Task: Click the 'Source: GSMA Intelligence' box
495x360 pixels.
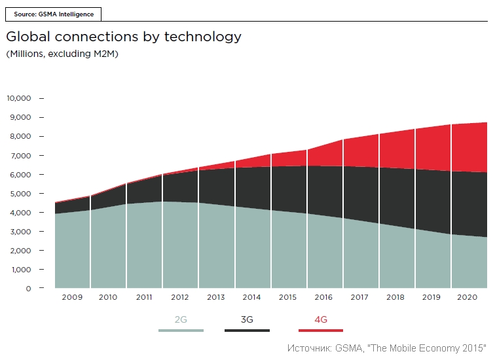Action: [53, 14]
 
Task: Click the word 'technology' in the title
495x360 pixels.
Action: [203, 37]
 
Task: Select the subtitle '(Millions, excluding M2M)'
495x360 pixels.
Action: [62, 54]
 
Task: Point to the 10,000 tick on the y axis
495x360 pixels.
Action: [42, 98]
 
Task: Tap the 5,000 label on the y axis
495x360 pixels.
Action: [20, 194]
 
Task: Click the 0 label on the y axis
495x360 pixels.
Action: [28, 289]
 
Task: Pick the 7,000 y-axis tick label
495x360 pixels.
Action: [20, 156]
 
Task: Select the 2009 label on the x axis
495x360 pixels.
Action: [72, 297]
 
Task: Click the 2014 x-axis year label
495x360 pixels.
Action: [251, 297]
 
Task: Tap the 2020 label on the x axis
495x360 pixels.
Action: [467, 297]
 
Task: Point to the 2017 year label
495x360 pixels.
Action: [359, 297]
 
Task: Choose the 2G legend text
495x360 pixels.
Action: [181, 319]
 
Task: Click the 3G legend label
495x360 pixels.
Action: [247, 319]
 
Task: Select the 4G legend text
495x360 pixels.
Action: [321, 319]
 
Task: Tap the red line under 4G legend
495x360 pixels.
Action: [321, 331]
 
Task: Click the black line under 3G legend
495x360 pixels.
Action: [247, 331]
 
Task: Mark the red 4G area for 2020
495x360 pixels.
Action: [469, 148]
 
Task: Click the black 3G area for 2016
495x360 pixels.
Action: [325, 190]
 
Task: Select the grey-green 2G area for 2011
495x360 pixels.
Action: [144, 245]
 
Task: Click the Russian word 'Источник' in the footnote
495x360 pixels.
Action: [309, 348]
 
